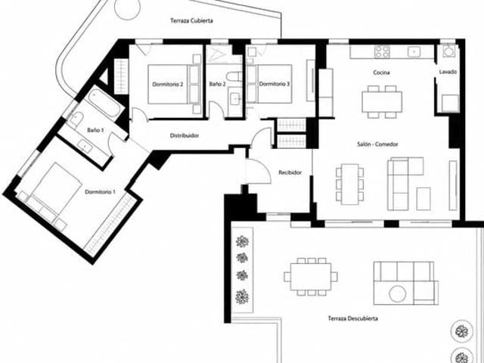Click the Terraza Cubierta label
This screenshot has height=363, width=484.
191,20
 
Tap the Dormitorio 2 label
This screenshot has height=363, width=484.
168,84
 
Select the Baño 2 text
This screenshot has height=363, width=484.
217,84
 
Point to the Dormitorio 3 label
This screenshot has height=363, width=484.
275,84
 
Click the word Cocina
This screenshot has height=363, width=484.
381,73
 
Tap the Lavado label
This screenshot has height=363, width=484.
448,72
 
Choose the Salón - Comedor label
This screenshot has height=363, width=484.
377,144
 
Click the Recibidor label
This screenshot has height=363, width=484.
290,172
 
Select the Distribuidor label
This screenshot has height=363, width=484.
185,135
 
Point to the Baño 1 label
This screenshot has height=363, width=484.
95,130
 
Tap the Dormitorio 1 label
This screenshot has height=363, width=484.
100,192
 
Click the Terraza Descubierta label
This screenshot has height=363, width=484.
353,318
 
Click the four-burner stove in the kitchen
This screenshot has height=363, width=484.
382,51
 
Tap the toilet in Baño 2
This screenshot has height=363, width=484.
234,76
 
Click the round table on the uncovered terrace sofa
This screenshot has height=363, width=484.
397,294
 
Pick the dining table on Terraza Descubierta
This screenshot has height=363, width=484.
311,277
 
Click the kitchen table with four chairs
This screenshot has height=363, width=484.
382,102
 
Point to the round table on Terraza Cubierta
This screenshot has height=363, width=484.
127,8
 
